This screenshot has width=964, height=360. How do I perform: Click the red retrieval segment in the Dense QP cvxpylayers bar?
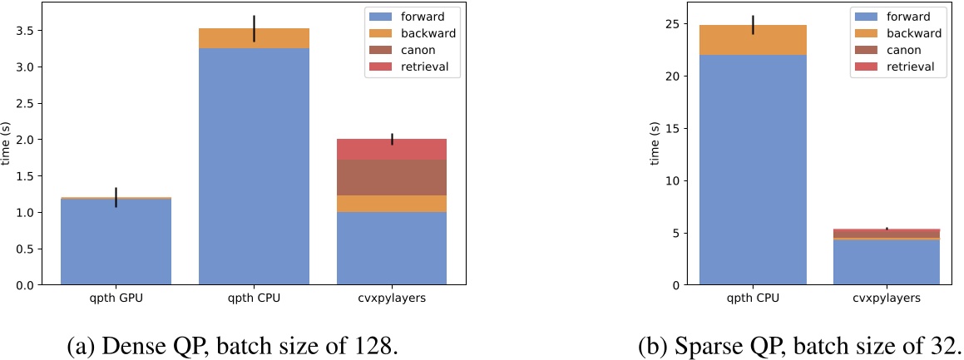[391, 150]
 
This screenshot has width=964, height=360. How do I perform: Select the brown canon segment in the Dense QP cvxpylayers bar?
[391, 177]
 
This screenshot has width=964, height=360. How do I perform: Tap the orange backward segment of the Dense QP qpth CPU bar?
[254, 38]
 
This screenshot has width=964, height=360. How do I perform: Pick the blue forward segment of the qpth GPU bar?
[116, 241]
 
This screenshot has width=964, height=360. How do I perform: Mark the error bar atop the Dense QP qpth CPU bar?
[254, 28]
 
